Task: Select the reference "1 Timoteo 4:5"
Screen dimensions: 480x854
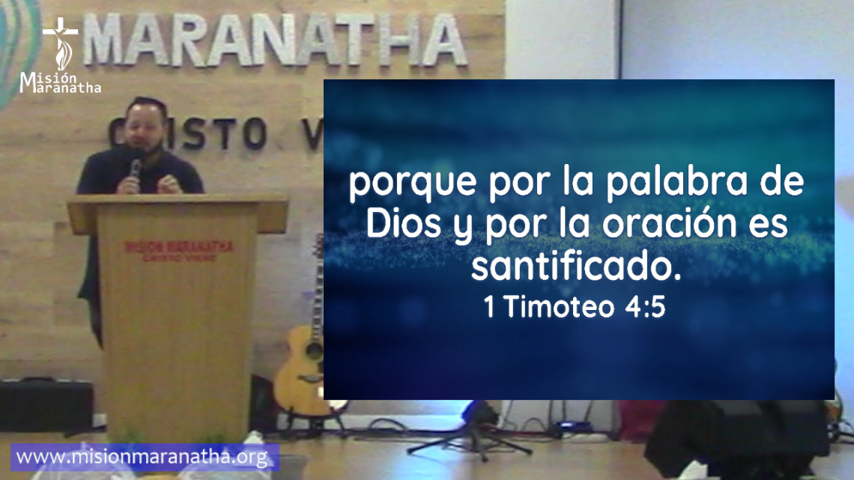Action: pos(575,308)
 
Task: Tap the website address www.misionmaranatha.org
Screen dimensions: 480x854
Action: pos(142,457)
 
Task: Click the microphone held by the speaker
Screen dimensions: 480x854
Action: pos(136,168)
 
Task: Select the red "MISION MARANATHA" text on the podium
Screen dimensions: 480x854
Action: pos(178,246)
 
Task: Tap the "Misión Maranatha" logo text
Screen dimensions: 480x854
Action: pos(60,82)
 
